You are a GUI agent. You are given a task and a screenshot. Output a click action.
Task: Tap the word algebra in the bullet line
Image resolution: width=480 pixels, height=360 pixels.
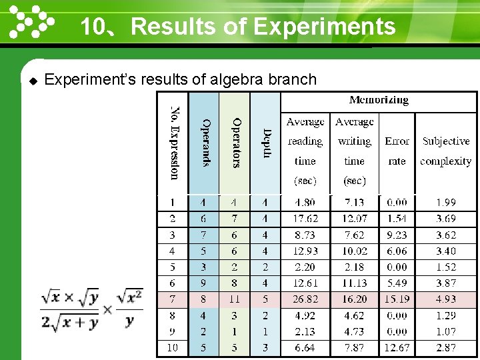point(237,80)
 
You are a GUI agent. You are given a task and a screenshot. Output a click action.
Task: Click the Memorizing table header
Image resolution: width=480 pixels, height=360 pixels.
point(379,101)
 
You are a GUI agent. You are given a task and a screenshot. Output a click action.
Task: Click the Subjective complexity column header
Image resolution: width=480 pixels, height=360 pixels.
point(446,151)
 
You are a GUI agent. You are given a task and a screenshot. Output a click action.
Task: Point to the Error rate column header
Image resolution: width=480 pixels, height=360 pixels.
point(397,151)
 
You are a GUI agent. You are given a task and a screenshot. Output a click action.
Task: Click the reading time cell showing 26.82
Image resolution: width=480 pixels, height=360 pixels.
point(305,299)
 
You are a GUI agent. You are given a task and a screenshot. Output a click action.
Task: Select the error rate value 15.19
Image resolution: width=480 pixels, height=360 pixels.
point(397,299)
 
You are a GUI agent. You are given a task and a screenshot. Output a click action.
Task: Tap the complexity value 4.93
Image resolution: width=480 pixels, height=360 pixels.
point(446,299)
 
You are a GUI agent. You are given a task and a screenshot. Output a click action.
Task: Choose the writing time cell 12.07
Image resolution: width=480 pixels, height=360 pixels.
point(354,219)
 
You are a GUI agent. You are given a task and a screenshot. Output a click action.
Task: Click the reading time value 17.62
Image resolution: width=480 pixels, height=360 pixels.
point(305,219)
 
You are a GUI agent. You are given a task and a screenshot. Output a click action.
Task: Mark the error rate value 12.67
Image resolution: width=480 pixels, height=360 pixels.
point(397,347)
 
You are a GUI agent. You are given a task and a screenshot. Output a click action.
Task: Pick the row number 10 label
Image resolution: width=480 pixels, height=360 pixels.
point(173,347)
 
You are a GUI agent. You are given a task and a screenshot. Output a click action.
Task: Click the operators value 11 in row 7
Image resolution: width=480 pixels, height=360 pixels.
point(234,299)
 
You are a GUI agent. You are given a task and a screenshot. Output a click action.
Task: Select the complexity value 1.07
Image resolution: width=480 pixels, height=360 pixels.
point(446,331)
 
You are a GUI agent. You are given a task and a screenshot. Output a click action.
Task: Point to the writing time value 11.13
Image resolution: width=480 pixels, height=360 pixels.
point(354,283)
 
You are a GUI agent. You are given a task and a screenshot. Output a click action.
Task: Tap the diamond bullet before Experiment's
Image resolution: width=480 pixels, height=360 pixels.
point(33,81)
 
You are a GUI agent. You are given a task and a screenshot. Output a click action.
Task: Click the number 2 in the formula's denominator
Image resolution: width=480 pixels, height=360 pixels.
point(46,323)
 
